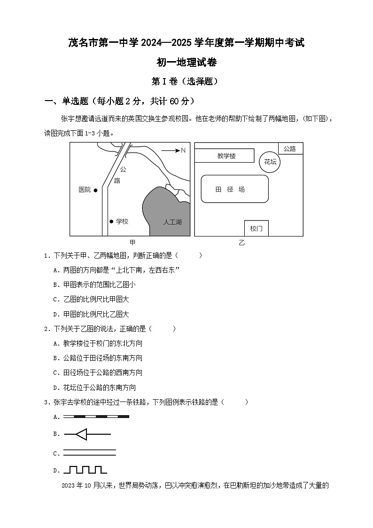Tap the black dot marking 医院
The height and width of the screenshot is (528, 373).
point(96,190)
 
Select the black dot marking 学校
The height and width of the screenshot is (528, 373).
point(111,221)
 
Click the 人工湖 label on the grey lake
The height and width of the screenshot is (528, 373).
point(172,222)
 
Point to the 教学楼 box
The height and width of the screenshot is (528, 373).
point(226,156)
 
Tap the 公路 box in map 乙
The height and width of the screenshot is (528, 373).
point(290,149)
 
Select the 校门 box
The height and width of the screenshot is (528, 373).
point(256,229)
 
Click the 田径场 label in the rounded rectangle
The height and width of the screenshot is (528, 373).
point(230,189)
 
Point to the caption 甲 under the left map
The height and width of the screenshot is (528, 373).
point(132,243)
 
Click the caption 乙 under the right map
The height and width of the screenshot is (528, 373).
point(241,243)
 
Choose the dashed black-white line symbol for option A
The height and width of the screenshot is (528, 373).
point(96,417)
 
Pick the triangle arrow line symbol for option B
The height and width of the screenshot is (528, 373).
point(87,434)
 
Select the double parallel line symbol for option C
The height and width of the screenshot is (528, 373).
point(90,453)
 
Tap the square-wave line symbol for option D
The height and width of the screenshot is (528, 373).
point(85,470)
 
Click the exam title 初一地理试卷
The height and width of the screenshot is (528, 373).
point(186,62)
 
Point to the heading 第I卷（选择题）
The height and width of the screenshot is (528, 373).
point(186,81)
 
